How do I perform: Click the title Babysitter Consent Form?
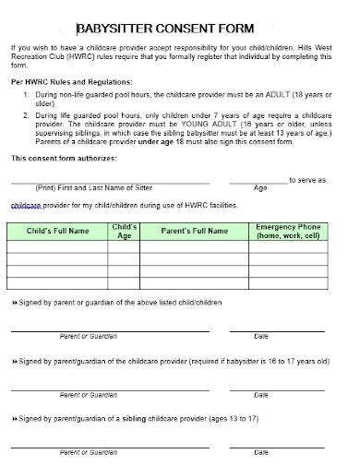[179, 28]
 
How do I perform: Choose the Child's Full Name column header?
[58, 230]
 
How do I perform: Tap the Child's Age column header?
[125, 230]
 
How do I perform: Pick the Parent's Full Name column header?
[196, 230]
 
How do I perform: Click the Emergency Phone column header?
[288, 230]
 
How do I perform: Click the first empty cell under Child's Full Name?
[58, 246]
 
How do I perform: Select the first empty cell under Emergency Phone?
[288, 246]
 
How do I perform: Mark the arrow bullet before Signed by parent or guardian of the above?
[14, 303]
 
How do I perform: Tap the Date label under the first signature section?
[261, 336]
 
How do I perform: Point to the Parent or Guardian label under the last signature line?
[89, 453]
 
